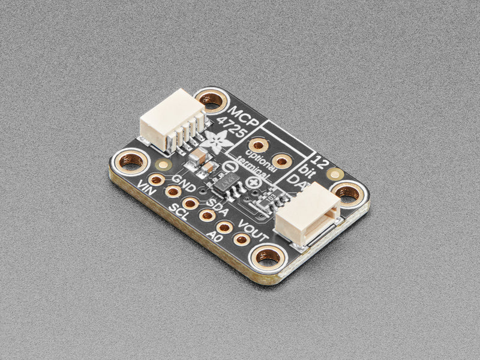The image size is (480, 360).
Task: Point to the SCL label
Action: click(178, 212)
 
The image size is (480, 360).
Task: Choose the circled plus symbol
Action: click(254, 182)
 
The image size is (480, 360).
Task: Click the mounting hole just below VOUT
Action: click(268, 256)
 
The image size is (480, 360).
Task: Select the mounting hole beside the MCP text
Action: click(211, 100)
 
